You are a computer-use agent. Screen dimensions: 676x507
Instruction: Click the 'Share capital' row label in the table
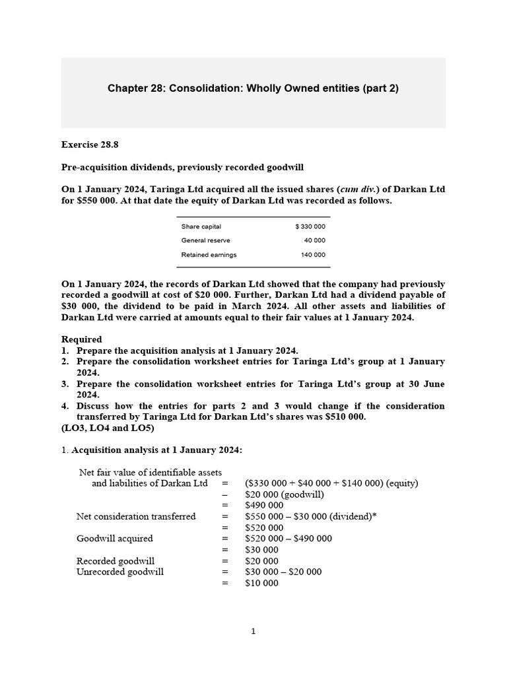coord(201,226)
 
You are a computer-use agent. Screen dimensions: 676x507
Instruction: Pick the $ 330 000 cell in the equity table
coord(310,226)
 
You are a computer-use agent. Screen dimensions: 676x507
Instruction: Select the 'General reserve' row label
coord(205,240)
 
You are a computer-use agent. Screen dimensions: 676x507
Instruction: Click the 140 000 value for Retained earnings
coord(314,254)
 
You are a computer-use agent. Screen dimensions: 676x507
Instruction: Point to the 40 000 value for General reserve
coord(316,240)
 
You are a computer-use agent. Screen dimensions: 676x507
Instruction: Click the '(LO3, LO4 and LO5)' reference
coord(107,428)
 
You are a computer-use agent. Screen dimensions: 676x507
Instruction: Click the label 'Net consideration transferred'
coord(136,516)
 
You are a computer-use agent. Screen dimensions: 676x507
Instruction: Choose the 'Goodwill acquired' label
coord(114,539)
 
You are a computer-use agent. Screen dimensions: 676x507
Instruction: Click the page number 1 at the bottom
coord(253,631)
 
